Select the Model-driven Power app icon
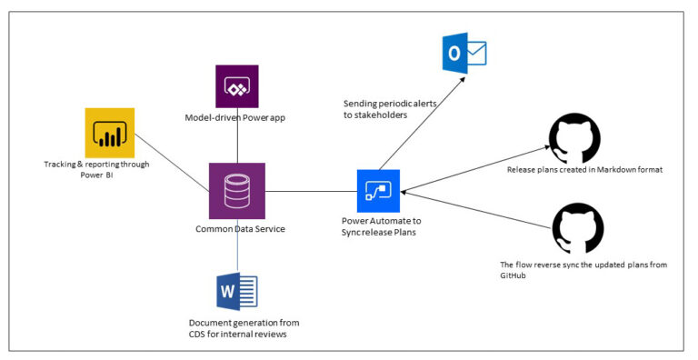point(237,87)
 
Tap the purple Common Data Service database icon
point(237,190)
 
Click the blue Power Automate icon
point(379,191)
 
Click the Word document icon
point(237,292)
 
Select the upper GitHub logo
point(573,139)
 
